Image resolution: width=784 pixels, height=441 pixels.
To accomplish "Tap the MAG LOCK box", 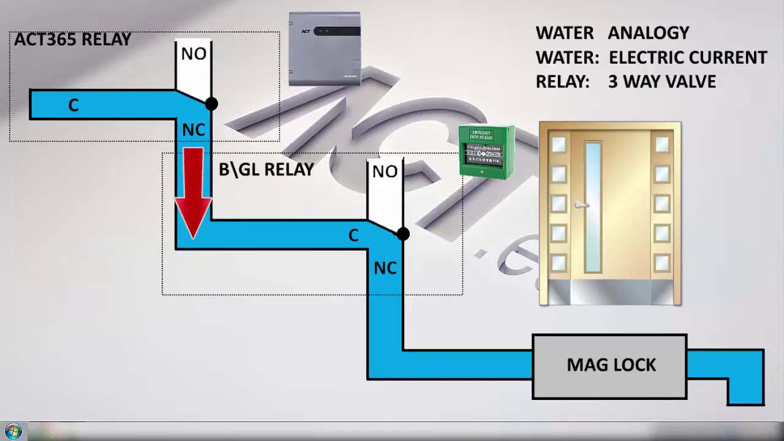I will [610, 366].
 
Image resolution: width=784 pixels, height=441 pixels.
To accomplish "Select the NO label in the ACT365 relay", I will [194, 55].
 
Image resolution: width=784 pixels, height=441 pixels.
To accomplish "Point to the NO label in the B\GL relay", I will [385, 172].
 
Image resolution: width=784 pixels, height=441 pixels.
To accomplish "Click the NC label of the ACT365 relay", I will [194, 130].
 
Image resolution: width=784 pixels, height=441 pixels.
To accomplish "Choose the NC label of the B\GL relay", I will [385, 268].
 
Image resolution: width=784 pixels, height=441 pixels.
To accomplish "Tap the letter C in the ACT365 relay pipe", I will [73, 106].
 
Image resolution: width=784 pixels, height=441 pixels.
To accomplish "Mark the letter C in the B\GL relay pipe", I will [353, 236].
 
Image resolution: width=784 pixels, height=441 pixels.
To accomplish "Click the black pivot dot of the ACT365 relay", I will [211, 104].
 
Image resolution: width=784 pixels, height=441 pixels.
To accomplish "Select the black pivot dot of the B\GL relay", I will [402, 233].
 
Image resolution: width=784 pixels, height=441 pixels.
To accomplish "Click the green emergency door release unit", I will [487, 152].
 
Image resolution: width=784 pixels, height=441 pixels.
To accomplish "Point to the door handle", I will [581, 206].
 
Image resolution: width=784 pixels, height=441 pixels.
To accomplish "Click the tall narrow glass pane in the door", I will [593, 207].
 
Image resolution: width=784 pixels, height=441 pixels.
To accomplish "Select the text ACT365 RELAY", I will [72, 40].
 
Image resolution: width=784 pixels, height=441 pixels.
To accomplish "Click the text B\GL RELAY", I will [266, 170].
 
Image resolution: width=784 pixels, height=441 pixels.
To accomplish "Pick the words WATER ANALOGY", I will [612, 33].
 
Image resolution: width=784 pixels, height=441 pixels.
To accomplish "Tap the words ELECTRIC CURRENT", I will [688, 58].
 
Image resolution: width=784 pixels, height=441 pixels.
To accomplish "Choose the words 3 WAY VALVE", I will [661, 82].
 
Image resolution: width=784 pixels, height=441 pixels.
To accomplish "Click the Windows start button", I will [13, 431].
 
